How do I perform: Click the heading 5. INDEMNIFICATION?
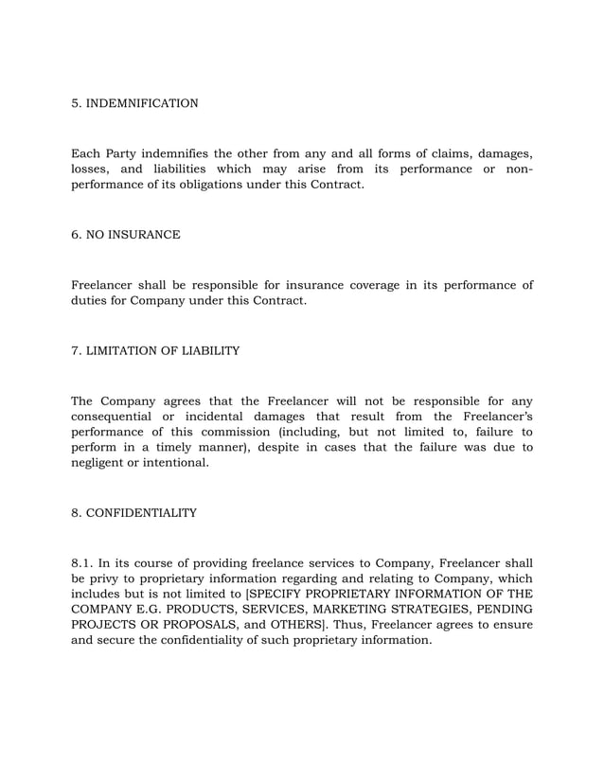tap(135, 102)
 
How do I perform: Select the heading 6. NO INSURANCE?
tap(126, 233)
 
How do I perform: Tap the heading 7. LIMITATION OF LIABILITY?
tap(156, 351)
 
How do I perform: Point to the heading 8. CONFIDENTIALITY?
tap(134, 513)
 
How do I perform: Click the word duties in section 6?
tap(92, 301)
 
